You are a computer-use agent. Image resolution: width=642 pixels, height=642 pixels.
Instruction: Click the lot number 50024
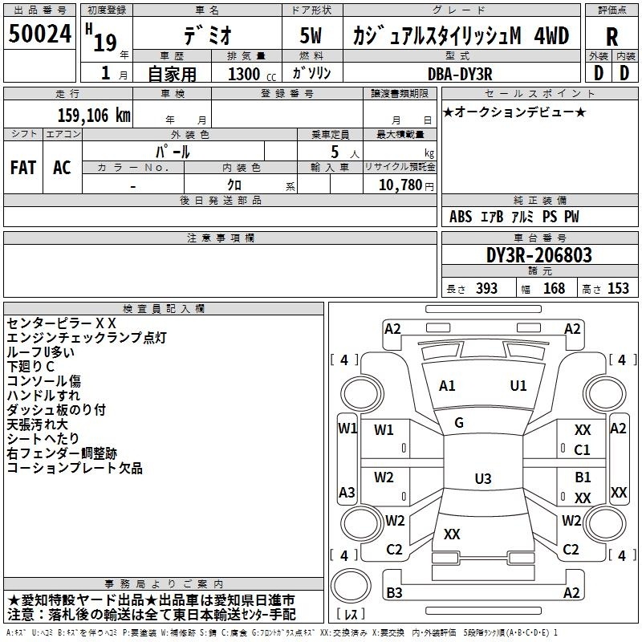40,34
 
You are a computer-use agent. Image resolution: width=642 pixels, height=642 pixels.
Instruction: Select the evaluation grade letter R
612,37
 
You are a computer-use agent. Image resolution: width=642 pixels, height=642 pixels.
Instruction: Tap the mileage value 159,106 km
94,116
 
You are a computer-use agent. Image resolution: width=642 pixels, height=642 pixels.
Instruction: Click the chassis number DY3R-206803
539,255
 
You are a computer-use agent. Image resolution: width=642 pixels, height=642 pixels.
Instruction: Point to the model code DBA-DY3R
460,74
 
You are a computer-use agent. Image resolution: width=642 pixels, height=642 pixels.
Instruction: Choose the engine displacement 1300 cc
252,74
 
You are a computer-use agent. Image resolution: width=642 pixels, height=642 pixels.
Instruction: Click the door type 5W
311,35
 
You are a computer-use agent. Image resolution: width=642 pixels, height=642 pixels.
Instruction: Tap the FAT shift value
23,168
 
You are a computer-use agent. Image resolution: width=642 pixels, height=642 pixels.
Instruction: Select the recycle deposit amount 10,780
400,185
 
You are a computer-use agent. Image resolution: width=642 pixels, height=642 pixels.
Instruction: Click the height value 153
618,288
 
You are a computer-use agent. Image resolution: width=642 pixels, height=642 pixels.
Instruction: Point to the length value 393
486,288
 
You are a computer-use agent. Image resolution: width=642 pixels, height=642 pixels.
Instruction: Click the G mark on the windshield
459,423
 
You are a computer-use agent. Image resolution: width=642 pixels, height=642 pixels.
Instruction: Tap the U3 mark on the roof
483,478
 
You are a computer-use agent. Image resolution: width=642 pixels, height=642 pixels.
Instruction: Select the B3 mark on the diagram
394,592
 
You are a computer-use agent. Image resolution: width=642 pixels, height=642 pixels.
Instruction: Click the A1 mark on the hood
447,386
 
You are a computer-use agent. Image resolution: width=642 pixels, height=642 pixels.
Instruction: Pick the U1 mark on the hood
518,386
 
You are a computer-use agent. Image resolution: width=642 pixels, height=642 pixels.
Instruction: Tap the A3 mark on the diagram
347,492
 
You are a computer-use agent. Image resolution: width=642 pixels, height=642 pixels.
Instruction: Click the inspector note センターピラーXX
62,323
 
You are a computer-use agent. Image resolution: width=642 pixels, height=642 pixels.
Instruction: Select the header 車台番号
539,238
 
